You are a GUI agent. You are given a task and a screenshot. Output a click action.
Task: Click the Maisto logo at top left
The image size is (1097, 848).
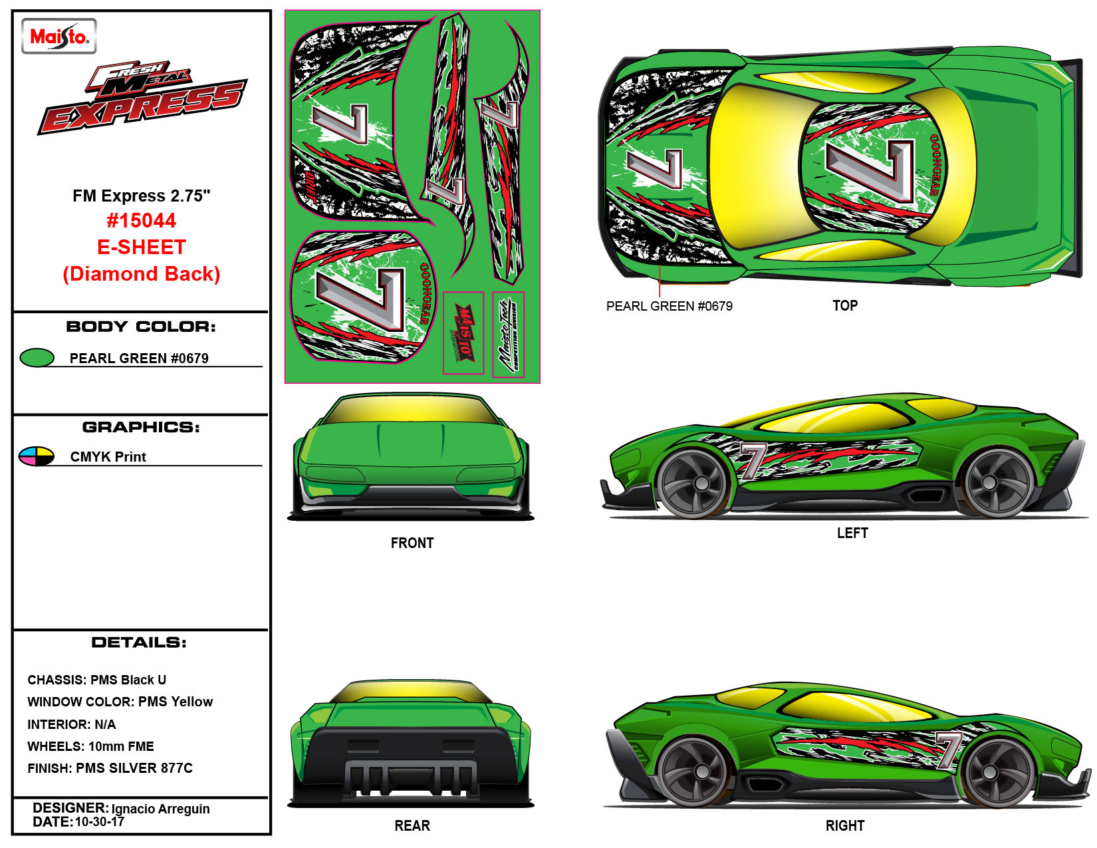(x=59, y=36)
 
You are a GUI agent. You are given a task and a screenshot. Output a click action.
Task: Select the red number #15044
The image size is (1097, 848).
(x=141, y=221)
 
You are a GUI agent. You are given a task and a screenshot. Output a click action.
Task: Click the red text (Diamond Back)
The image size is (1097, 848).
(x=141, y=274)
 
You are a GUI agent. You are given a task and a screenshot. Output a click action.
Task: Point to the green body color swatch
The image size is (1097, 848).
(x=37, y=358)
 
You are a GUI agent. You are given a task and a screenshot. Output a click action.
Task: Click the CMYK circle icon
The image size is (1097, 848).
(x=37, y=456)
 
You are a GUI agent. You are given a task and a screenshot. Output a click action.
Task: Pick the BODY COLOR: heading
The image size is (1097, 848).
(x=141, y=327)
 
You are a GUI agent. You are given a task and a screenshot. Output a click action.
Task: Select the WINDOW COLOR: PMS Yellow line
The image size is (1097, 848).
(x=120, y=702)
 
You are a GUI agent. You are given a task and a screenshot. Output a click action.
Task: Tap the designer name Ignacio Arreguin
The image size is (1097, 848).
(x=160, y=809)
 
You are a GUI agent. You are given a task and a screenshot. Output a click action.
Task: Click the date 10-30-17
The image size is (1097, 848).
(x=99, y=822)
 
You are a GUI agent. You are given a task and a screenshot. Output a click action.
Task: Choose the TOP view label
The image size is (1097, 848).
(x=845, y=306)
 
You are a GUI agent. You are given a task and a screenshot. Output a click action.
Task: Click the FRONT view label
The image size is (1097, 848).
(x=412, y=543)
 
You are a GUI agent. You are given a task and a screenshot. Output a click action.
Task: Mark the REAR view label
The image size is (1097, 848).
(x=412, y=826)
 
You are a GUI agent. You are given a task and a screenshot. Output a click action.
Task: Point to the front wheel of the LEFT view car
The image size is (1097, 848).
(x=693, y=483)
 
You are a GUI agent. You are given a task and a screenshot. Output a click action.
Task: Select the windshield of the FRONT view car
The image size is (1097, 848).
(x=412, y=410)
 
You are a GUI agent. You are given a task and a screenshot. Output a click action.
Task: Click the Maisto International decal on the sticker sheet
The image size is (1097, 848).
(x=463, y=333)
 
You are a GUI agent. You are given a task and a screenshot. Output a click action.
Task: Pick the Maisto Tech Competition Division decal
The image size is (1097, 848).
(x=509, y=334)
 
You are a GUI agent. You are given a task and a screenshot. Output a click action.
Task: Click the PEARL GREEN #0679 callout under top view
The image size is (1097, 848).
(x=669, y=307)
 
